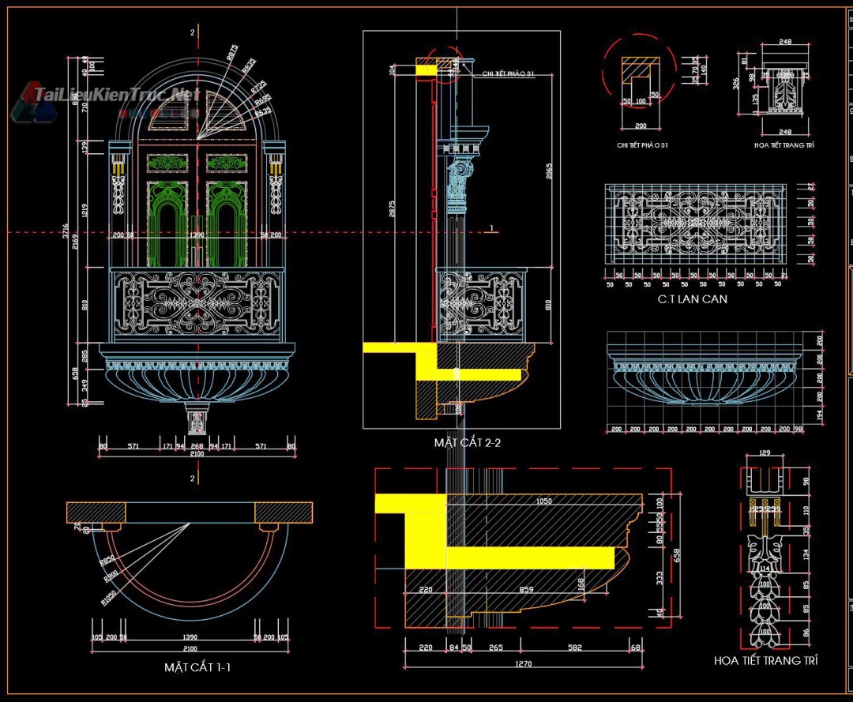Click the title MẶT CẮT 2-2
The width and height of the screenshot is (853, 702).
click(467, 442)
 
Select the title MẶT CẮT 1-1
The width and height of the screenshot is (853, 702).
click(197, 667)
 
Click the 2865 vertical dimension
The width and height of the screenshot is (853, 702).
click(548, 173)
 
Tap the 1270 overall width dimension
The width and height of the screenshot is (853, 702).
click(523, 664)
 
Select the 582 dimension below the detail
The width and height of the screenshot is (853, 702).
click(574, 648)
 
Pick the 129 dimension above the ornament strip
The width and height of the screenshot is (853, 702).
click(764, 453)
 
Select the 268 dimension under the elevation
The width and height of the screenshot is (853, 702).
click(197, 446)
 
